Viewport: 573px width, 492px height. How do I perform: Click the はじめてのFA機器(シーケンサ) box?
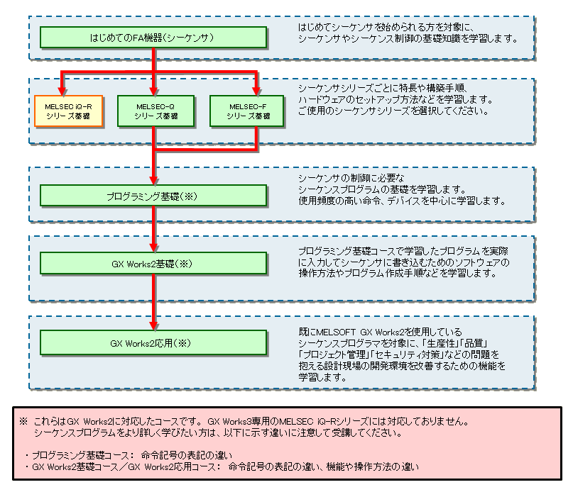coord(153,35)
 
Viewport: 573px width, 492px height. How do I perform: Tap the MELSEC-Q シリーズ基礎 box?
coord(154,111)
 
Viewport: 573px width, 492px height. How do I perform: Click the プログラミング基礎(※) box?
coord(153,195)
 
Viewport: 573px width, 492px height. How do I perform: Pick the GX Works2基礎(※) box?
coord(153,263)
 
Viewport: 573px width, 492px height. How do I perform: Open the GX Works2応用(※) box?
coord(153,343)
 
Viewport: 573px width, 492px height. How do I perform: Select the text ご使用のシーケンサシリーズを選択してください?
coord(393,111)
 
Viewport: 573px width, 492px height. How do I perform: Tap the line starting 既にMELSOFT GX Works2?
coord(381,331)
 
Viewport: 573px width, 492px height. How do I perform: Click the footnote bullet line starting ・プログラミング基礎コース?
coord(129,454)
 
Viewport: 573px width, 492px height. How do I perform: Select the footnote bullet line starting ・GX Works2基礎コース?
coord(222,467)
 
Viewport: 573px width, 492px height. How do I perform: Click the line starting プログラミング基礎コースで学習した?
coord(404,252)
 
